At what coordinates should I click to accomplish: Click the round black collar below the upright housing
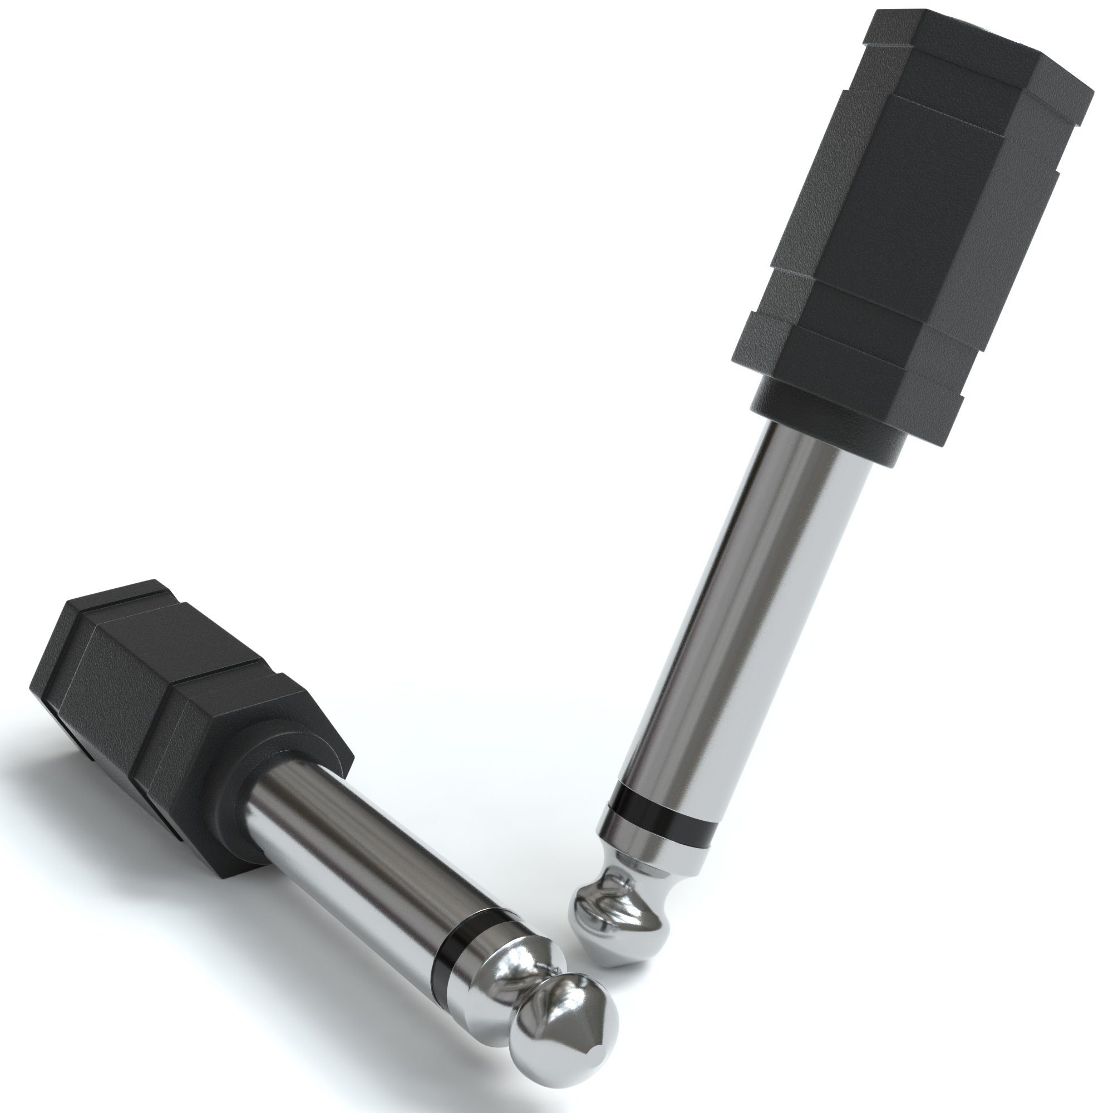click(830, 423)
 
